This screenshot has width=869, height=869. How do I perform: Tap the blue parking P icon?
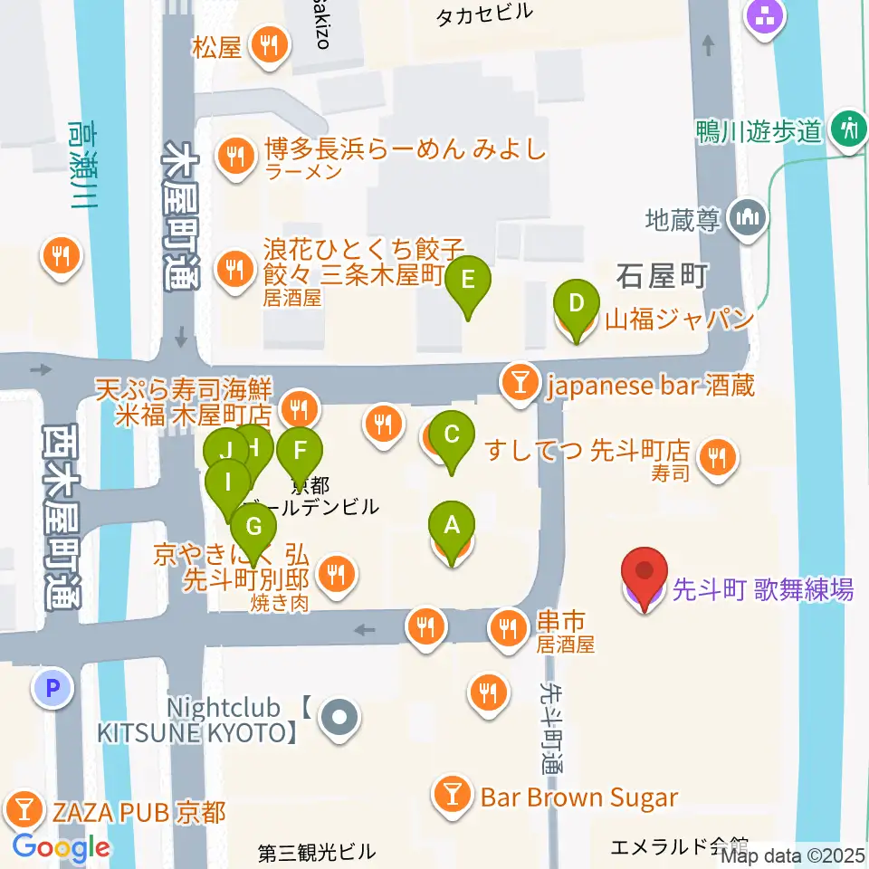tap(52, 689)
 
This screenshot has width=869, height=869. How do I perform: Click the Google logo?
tap(61, 848)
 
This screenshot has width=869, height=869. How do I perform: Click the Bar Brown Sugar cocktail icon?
tap(450, 796)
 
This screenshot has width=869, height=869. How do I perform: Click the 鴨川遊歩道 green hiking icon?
tap(849, 128)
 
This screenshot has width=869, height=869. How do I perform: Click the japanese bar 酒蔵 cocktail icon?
tap(520, 385)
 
